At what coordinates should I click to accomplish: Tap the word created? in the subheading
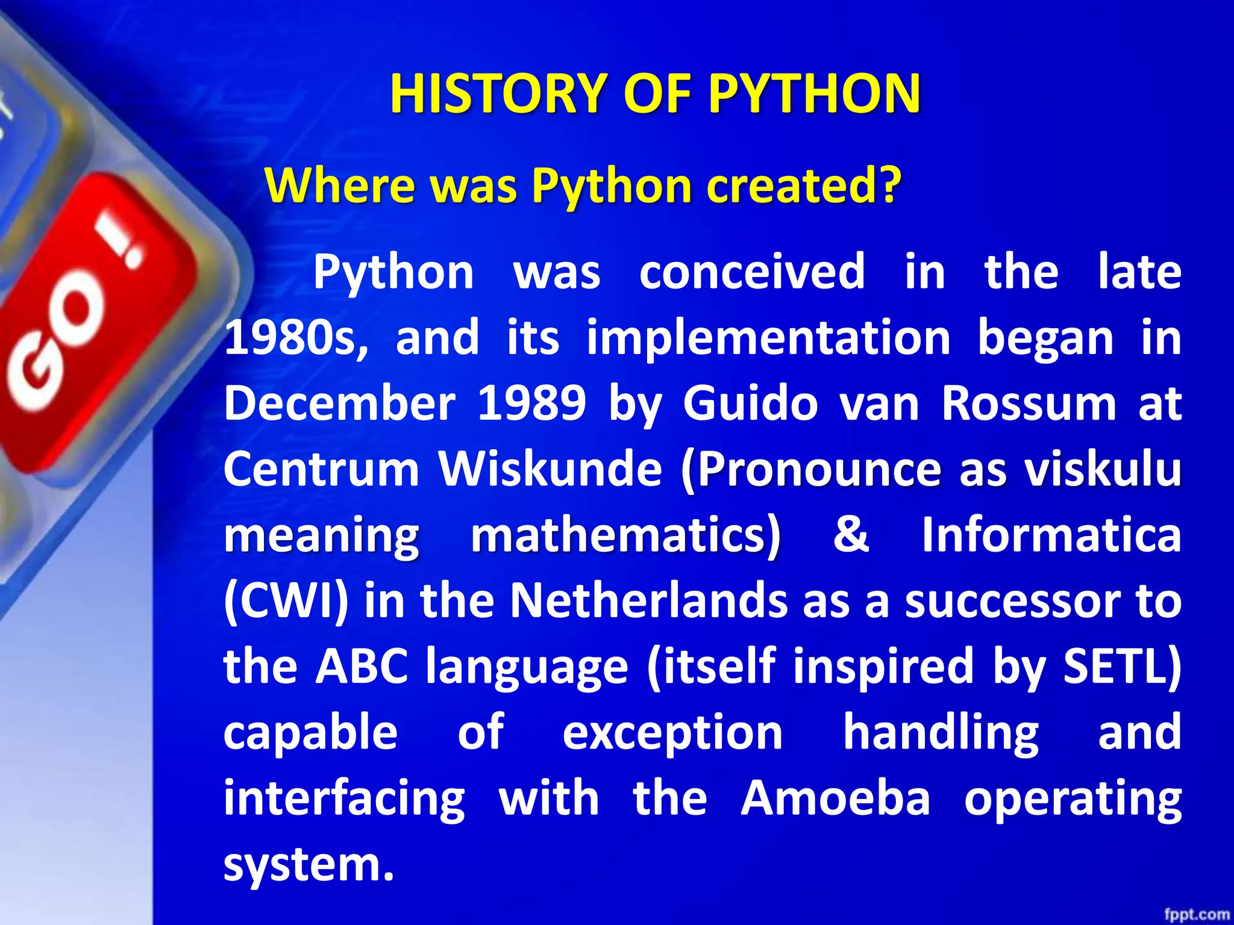click(x=804, y=185)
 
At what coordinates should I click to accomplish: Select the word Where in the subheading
click(x=340, y=185)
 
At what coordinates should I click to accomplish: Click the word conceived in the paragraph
click(x=752, y=272)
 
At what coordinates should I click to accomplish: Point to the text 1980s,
click(x=296, y=338)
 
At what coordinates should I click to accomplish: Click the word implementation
click(x=768, y=338)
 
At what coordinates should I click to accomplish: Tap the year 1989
click(x=531, y=403)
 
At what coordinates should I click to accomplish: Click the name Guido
click(x=750, y=403)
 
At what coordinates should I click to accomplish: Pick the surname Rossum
click(x=1029, y=403)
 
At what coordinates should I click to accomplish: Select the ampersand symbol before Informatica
click(x=851, y=534)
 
